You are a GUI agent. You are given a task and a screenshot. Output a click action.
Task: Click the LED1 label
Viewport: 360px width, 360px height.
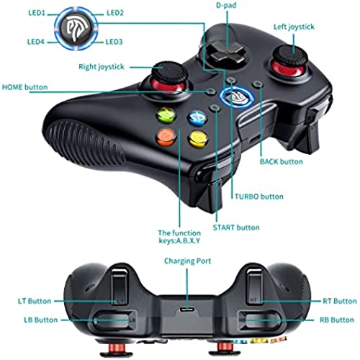(x=37, y=13)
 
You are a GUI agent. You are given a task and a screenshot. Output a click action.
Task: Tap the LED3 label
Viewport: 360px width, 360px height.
(x=114, y=42)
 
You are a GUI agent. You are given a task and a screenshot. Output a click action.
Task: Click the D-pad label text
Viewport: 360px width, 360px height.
(x=226, y=5)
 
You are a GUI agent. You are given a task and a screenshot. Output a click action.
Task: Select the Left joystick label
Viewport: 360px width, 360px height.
(x=294, y=27)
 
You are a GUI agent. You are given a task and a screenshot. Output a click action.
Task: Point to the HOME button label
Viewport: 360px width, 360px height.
(x=24, y=87)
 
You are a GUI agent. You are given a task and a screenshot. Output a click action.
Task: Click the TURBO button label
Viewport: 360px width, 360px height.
(x=259, y=197)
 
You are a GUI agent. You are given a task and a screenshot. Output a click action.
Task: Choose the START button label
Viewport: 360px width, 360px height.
(x=236, y=228)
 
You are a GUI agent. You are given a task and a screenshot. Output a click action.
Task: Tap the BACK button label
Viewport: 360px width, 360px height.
(x=282, y=161)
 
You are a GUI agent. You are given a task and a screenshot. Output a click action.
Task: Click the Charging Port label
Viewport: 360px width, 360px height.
(x=188, y=261)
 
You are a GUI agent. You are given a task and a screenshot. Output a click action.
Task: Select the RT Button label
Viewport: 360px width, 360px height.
(x=340, y=301)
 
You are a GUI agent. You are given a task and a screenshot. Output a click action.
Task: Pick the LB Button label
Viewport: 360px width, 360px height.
(x=41, y=320)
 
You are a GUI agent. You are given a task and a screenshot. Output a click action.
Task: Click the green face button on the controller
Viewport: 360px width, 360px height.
(x=166, y=115)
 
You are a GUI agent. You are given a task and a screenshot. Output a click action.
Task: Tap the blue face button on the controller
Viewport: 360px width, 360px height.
(x=197, y=118)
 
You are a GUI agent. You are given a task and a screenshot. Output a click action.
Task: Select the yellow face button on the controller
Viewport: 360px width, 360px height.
(x=199, y=139)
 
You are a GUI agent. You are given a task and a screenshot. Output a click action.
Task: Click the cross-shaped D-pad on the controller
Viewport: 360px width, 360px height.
(x=225, y=53)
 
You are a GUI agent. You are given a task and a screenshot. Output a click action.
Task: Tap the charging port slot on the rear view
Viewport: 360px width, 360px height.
(x=188, y=309)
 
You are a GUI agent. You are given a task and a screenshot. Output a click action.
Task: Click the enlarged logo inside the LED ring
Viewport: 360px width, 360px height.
(x=76, y=29)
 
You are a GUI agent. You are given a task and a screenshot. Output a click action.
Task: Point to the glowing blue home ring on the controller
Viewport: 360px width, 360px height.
(x=237, y=97)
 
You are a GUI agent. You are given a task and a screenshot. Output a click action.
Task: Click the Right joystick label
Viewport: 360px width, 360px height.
(x=102, y=67)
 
